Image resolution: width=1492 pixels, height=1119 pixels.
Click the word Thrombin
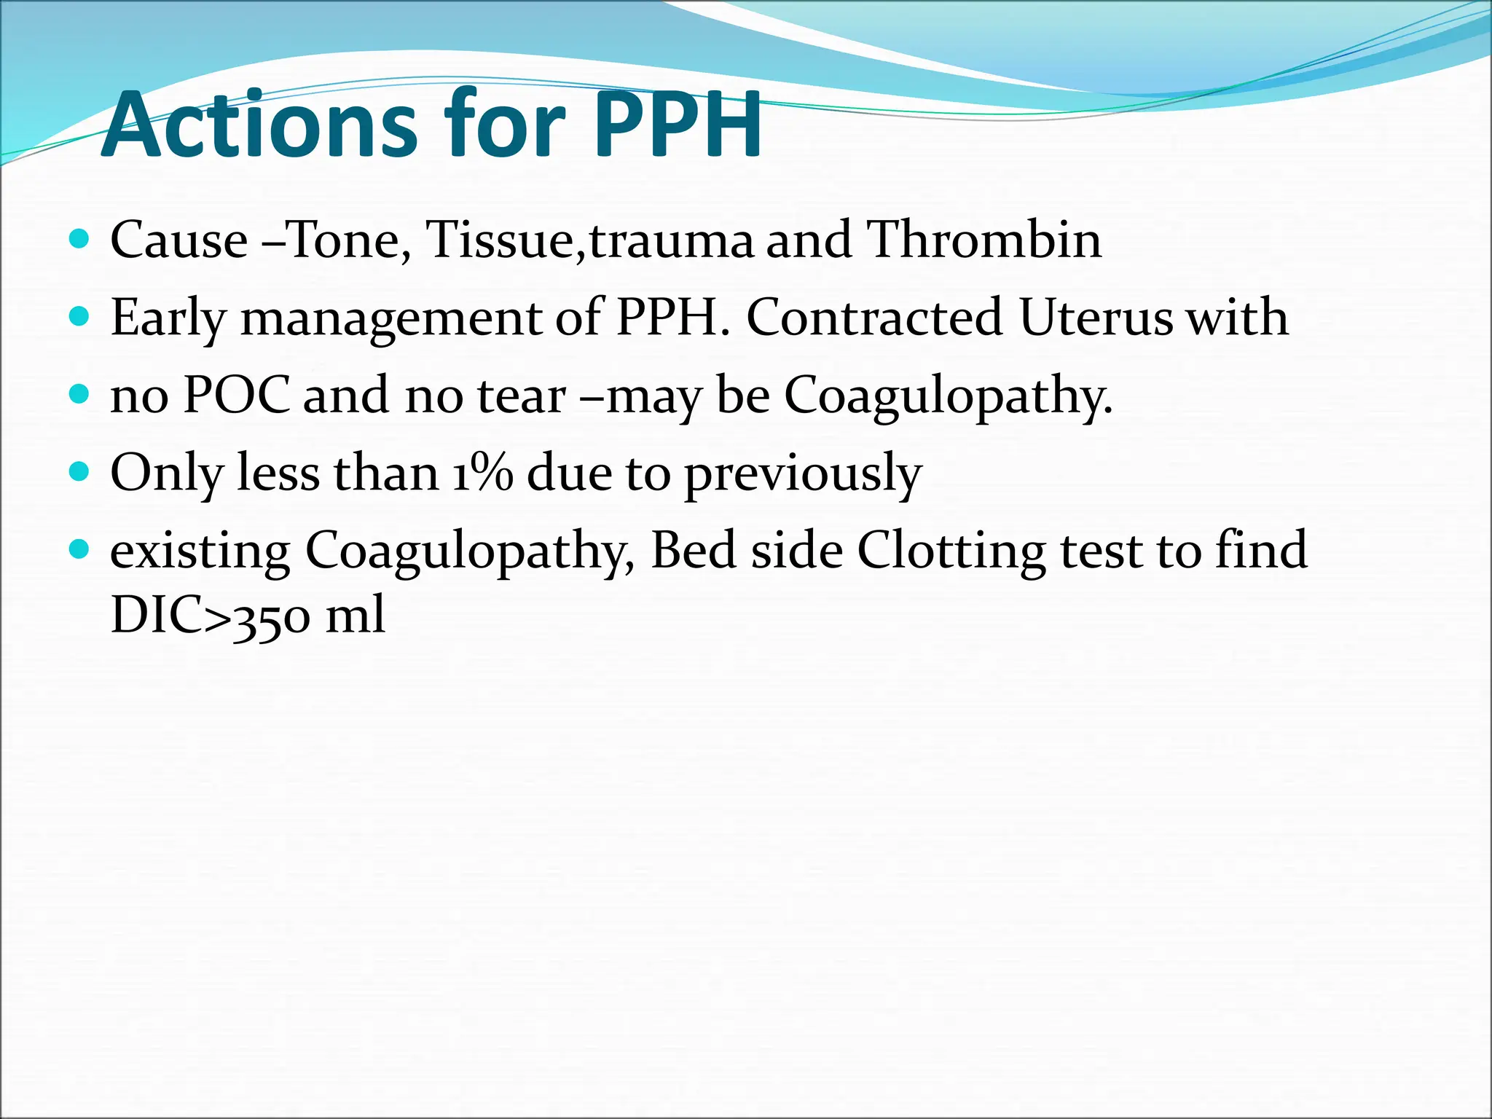(x=984, y=240)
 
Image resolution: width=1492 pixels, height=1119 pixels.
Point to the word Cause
(x=179, y=240)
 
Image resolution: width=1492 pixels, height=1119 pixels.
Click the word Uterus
(x=1096, y=318)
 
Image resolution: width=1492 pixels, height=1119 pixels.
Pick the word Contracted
(x=874, y=318)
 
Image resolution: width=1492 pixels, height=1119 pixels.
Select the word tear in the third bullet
(x=522, y=395)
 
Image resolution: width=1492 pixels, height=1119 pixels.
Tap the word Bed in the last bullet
(x=693, y=549)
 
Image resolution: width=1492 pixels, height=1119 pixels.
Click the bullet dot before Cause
(x=80, y=238)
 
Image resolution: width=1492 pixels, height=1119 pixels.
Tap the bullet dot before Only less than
(x=80, y=471)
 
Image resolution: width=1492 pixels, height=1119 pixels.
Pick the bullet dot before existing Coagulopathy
(x=80, y=549)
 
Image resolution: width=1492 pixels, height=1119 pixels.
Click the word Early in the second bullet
(x=168, y=319)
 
